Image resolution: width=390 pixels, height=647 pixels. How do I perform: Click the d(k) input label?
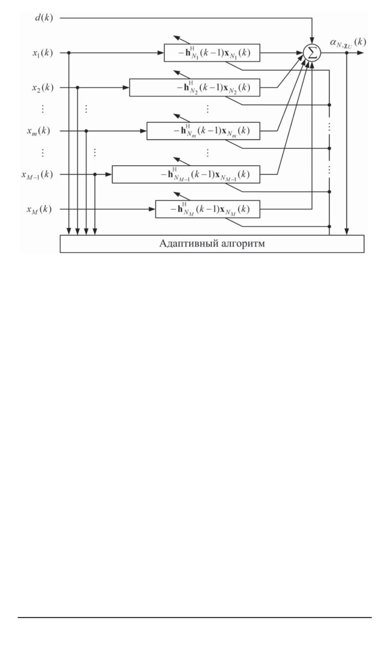pyautogui.click(x=44, y=18)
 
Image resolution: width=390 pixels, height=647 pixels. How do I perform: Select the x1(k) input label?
pyautogui.click(x=43, y=52)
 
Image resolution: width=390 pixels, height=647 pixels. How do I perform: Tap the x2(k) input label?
pyautogui.click(x=43, y=87)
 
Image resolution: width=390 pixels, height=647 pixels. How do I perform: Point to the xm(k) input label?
pyautogui.click(x=39, y=131)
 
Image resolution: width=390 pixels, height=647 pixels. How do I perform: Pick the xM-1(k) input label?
pyautogui.click(x=37, y=174)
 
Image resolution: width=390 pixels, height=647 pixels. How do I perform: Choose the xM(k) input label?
pyautogui.click(x=39, y=209)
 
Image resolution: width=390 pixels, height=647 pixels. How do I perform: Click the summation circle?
pyautogui.click(x=312, y=53)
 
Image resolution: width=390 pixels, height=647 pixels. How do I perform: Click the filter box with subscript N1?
pyautogui.click(x=212, y=53)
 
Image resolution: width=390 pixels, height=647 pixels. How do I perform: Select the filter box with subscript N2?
pyautogui.click(x=195, y=87)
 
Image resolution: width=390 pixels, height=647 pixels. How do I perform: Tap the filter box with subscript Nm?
pyautogui.click(x=203, y=131)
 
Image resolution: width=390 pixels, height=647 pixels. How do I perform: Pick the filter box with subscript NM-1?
pyautogui.click(x=186, y=174)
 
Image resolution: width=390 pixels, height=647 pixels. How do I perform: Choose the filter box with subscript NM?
pyautogui.click(x=208, y=209)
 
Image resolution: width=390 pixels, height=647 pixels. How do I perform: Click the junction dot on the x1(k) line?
pyautogui.click(x=69, y=53)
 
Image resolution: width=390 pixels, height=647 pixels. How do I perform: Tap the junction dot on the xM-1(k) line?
pyautogui.click(x=95, y=174)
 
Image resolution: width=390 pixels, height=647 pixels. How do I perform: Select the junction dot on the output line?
pyautogui.click(x=347, y=53)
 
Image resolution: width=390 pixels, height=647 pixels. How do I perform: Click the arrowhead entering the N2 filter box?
pyautogui.click(x=126, y=87)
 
